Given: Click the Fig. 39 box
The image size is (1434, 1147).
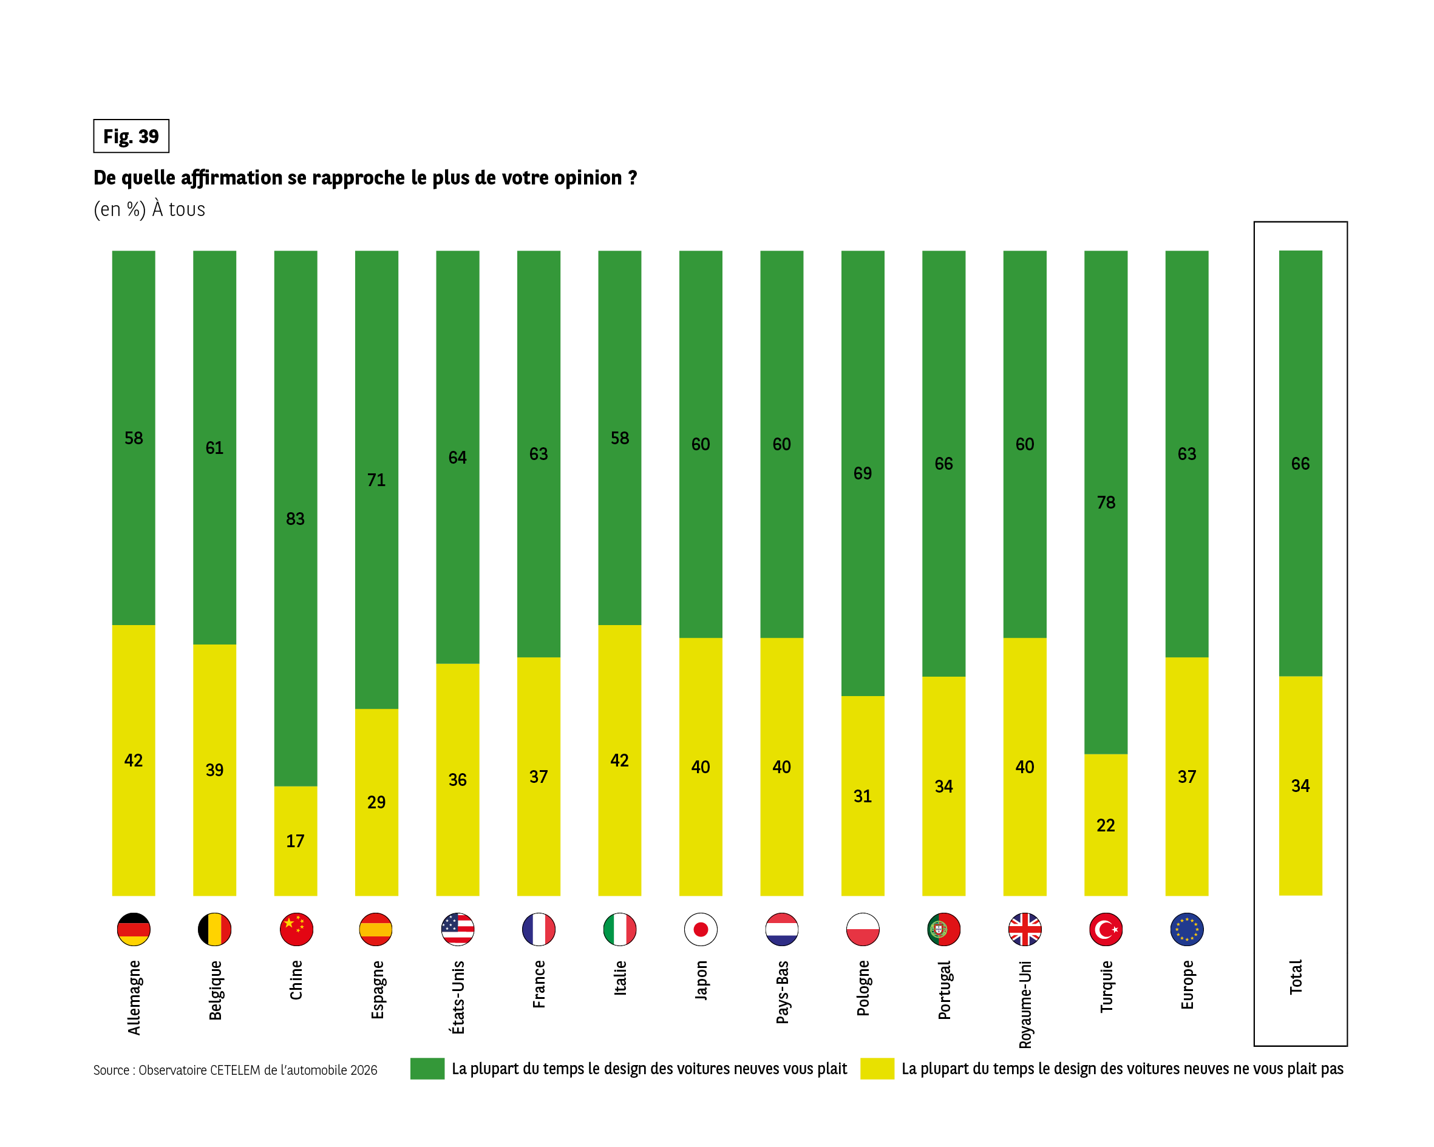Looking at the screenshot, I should click(131, 137).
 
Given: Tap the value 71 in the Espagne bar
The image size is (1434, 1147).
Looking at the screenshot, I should click(376, 480).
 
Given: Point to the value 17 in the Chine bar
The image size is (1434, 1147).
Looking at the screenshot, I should click(295, 841).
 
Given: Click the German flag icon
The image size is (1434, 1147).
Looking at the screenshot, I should click(134, 929).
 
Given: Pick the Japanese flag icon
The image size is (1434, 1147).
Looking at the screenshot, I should click(701, 929).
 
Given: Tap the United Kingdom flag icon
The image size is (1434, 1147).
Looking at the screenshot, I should click(1024, 929).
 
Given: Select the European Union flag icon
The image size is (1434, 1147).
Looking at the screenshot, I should click(1186, 929).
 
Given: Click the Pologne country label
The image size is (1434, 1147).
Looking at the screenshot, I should click(863, 988).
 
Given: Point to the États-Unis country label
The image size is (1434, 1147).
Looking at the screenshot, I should click(458, 997).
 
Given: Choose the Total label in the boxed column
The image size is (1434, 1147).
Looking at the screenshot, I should click(1296, 977).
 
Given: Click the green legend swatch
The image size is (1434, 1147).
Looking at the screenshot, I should click(427, 1069).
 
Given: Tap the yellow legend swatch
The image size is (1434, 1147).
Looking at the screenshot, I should click(877, 1069).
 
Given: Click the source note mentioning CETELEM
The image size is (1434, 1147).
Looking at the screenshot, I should click(235, 1070).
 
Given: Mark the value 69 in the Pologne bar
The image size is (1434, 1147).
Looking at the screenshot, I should click(863, 473).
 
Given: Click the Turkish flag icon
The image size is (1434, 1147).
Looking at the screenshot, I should click(1106, 929).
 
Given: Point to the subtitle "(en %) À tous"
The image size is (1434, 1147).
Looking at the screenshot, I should click(149, 209).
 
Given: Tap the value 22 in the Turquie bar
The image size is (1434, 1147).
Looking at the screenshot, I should click(1106, 825).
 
